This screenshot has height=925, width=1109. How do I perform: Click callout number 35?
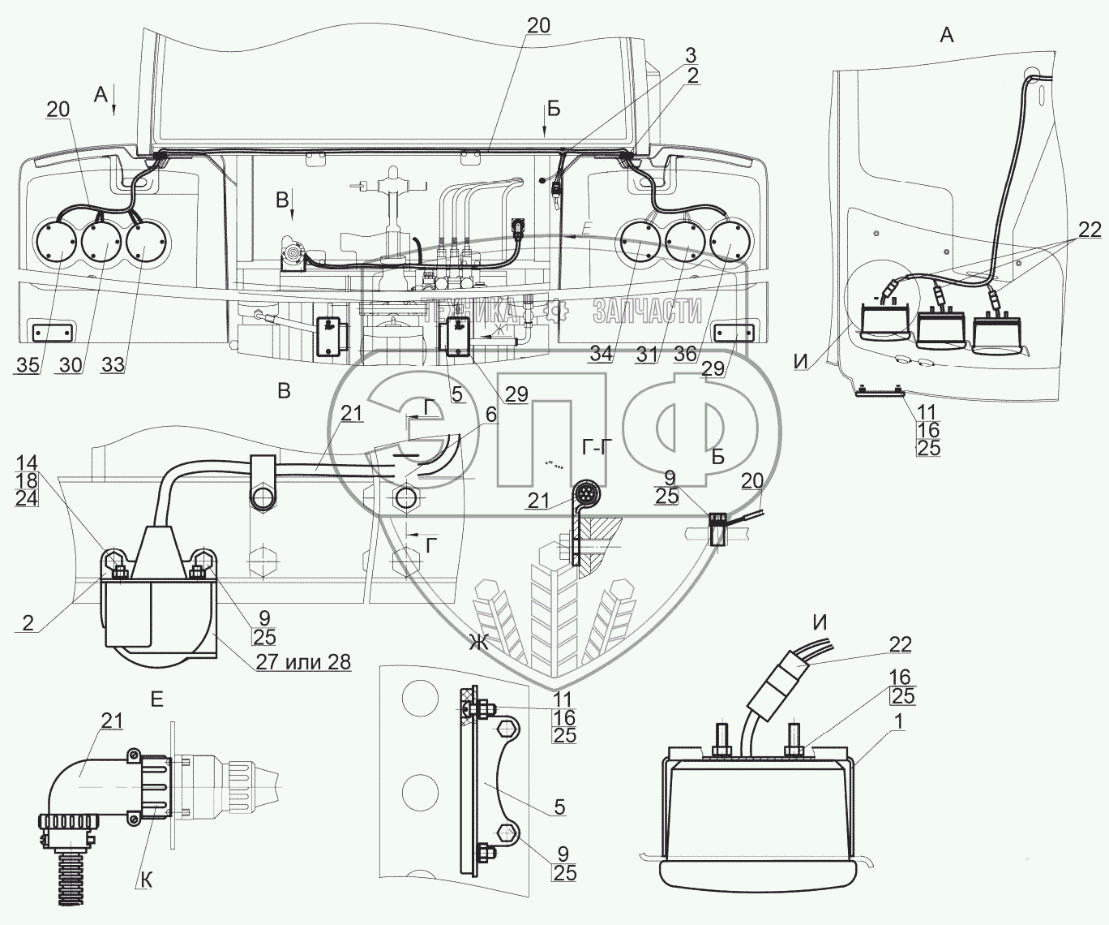(x=28, y=365)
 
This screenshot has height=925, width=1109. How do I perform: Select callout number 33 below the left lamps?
(x=113, y=365)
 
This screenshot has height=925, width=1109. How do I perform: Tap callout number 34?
(x=601, y=354)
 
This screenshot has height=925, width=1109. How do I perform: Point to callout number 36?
(x=685, y=354)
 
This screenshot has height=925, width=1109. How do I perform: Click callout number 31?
(x=647, y=355)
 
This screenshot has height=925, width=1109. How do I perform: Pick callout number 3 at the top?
(x=691, y=55)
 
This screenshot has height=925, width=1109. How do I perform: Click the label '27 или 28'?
(x=303, y=662)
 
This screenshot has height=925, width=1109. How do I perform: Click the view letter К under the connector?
(x=147, y=880)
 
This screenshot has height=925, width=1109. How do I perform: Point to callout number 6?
(x=490, y=415)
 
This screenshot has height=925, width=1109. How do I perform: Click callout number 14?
(x=27, y=463)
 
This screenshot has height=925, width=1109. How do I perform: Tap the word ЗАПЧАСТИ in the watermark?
(x=648, y=311)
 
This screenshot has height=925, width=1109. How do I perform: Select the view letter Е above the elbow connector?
(x=156, y=699)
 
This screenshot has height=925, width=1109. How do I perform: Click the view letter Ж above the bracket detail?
(x=478, y=643)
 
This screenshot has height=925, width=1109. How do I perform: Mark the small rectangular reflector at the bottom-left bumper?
(x=52, y=333)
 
